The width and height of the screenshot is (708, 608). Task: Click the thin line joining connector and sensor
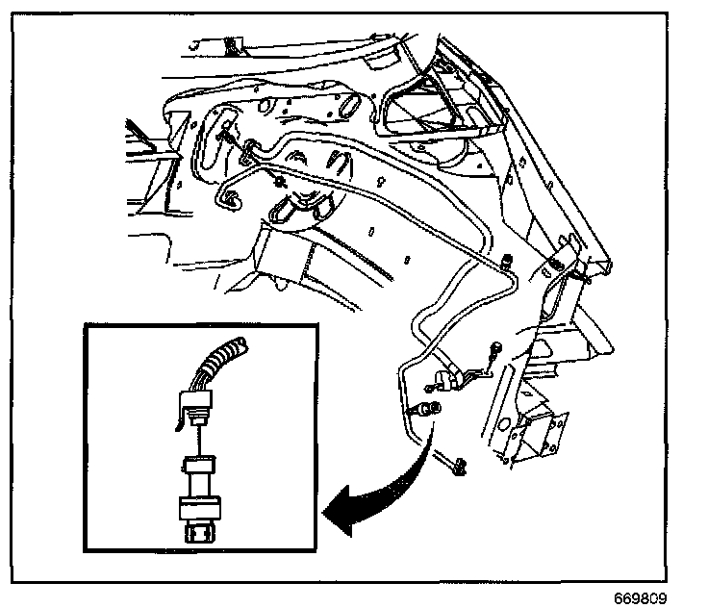[200, 443]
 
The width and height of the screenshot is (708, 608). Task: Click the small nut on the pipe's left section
[279, 179]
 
